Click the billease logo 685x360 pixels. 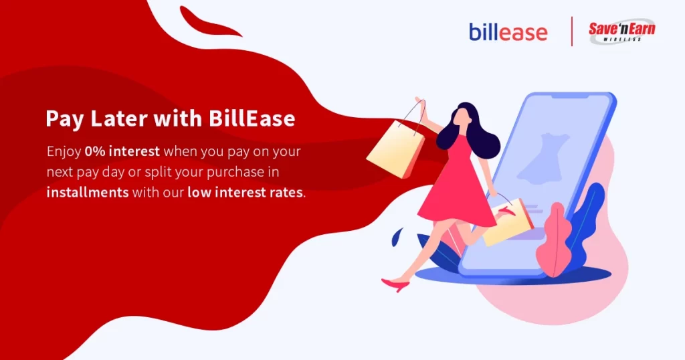pyautogui.click(x=508, y=32)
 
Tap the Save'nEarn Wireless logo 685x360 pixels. pyautogui.click(x=621, y=31)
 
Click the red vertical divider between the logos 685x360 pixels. pyautogui.click(x=572, y=31)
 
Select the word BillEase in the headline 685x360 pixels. pyautogui.click(x=252, y=118)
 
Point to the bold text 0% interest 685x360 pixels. pyautogui.click(x=122, y=151)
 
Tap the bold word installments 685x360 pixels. pyautogui.click(x=88, y=192)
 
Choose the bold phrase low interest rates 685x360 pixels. pyautogui.click(x=245, y=192)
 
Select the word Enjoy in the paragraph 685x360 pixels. pyautogui.click(x=64, y=152)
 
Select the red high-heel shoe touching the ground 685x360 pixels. pyautogui.click(x=396, y=284)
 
